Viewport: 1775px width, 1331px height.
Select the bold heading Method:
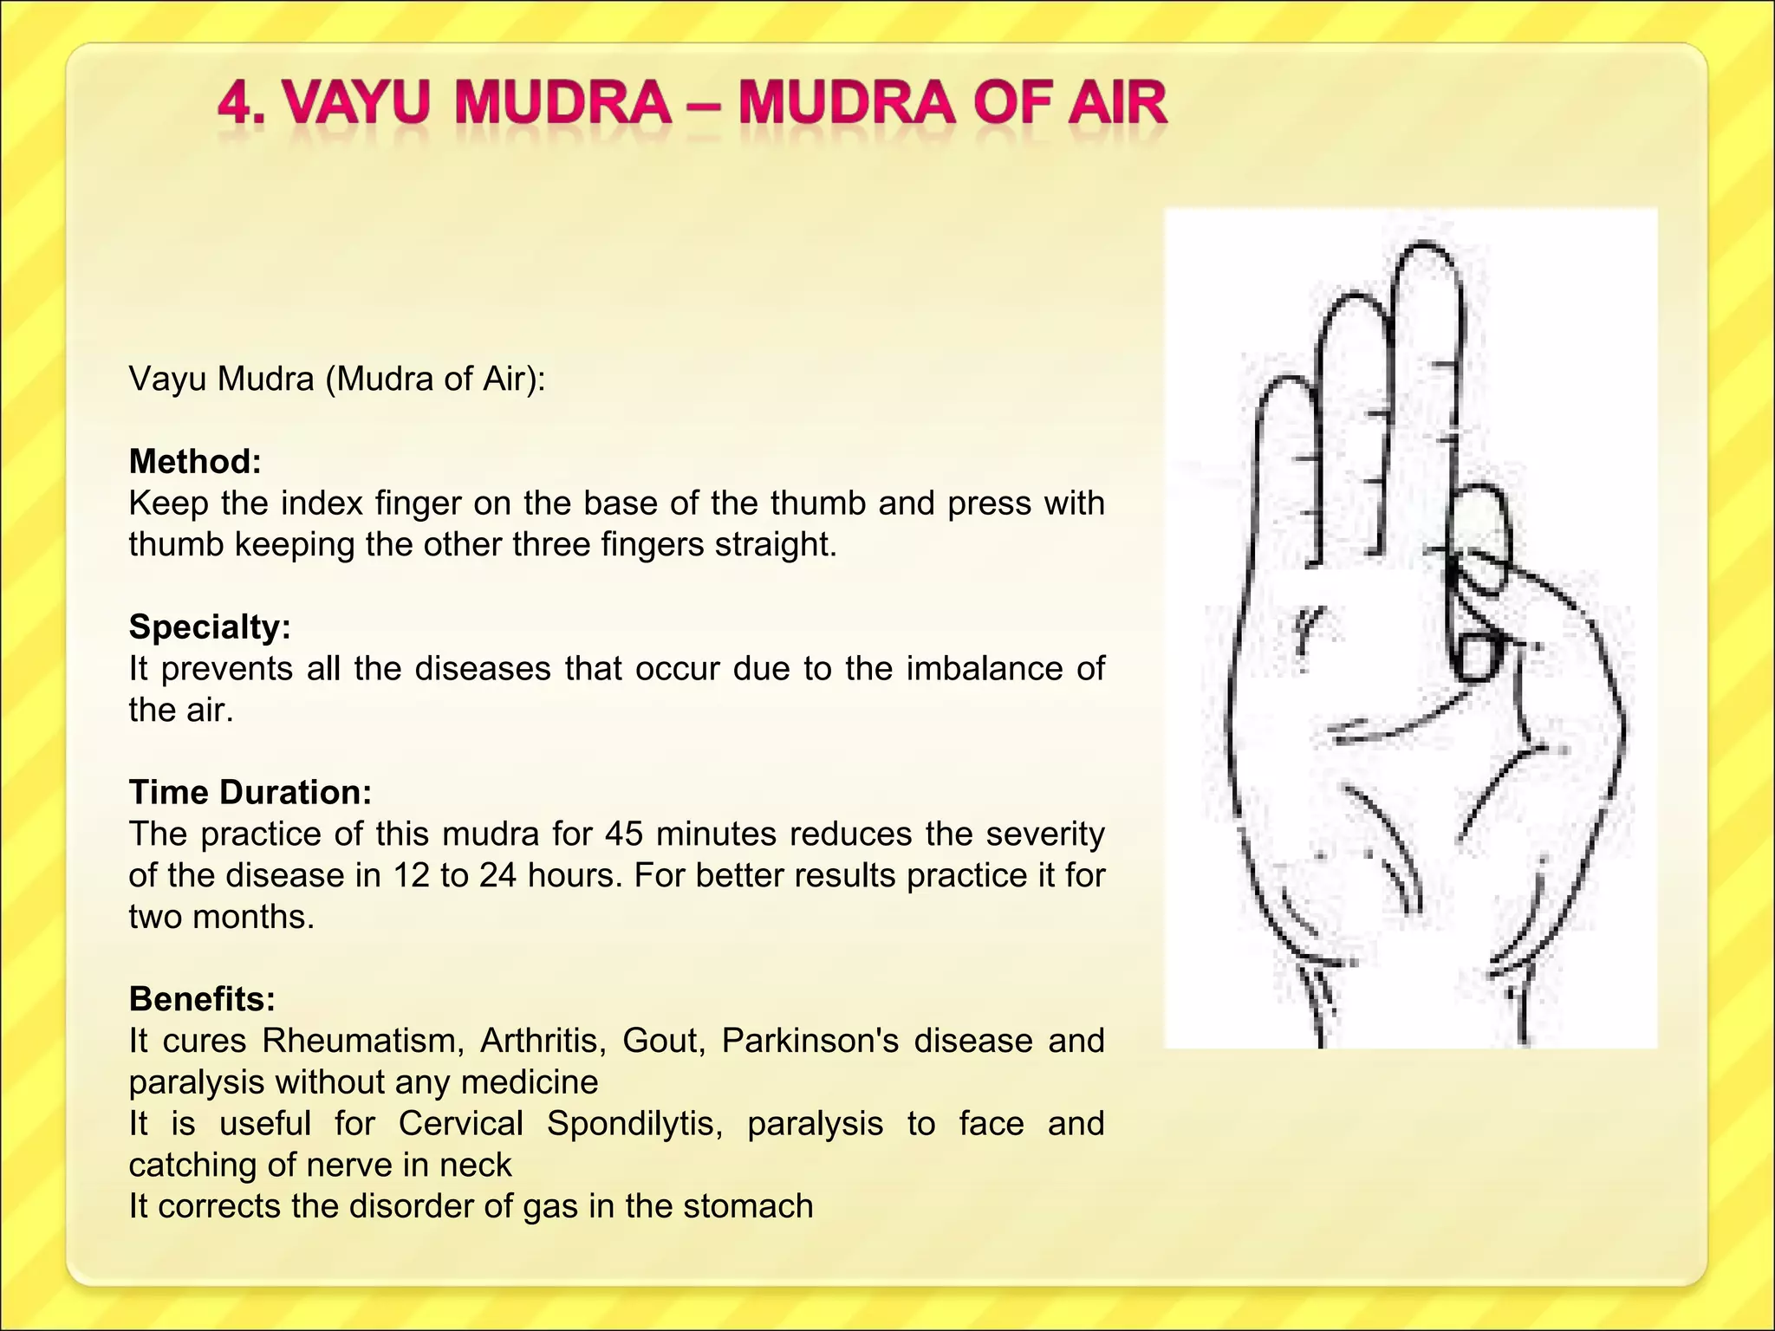pyautogui.click(x=195, y=462)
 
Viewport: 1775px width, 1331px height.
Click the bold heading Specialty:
pyautogui.click(x=210, y=627)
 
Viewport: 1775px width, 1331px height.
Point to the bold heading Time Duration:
pyautogui.click(x=250, y=792)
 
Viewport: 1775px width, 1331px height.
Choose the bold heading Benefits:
pyautogui.click(x=202, y=999)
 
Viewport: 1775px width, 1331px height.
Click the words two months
pyautogui.click(x=220, y=917)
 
